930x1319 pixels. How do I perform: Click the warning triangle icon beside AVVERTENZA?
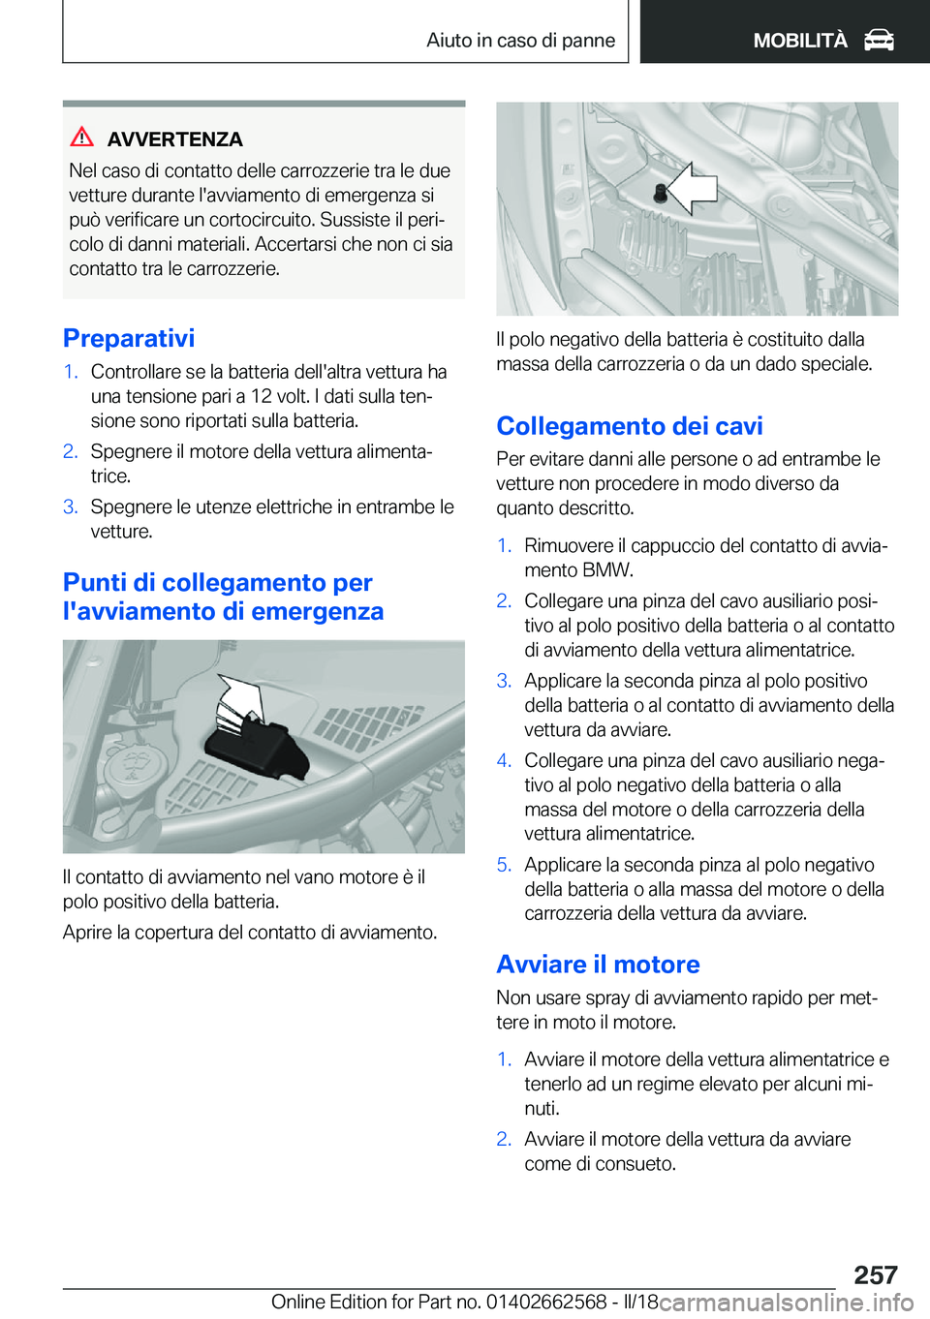pos(82,138)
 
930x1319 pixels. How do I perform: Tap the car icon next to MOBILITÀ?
pos(879,41)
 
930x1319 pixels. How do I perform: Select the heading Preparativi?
pos(129,338)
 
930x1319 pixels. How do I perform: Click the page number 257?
pos(876,1274)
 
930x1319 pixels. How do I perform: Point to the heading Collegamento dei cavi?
pos(630,426)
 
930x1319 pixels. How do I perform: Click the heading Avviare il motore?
pos(598,965)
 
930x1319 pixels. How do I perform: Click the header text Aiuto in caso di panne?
pos(520,41)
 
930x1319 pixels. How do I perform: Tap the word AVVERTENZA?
pos(175,139)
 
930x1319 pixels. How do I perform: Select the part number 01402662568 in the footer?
pos(546,1302)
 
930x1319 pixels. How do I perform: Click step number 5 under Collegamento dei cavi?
pos(503,865)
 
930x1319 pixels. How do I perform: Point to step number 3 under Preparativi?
pos(70,506)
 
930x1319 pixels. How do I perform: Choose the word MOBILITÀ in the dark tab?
pos(800,41)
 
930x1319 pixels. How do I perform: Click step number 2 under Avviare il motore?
pos(503,1139)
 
